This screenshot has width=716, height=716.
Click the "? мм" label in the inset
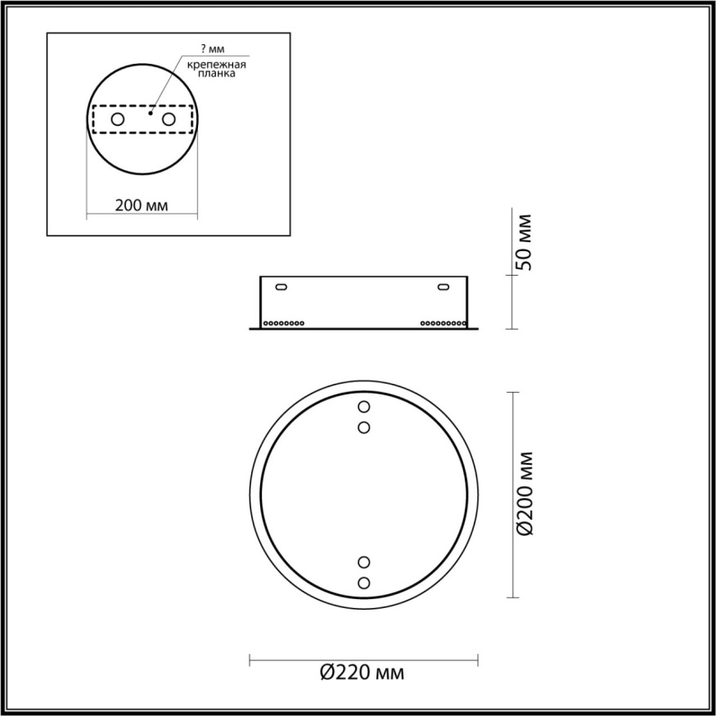(x=212, y=51)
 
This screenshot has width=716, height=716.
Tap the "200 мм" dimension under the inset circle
(x=142, y=205)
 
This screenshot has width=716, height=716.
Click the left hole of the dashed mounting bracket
(x=118, y=119)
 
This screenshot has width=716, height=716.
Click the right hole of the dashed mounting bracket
(x=169, y=119)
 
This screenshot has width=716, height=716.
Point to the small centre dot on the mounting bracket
(x=151, y=113)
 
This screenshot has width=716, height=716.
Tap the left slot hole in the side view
(x=281, y=287)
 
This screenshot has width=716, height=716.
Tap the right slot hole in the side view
(x=444, y=287)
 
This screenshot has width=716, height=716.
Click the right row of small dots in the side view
(x=443, y=323)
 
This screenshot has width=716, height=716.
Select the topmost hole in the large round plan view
(x=364, y=407)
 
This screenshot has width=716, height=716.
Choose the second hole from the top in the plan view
(x=364, y=426)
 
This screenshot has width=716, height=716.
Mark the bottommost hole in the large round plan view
(x=364, y=582)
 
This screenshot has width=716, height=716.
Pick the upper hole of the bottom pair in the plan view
(x=364, y=562)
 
